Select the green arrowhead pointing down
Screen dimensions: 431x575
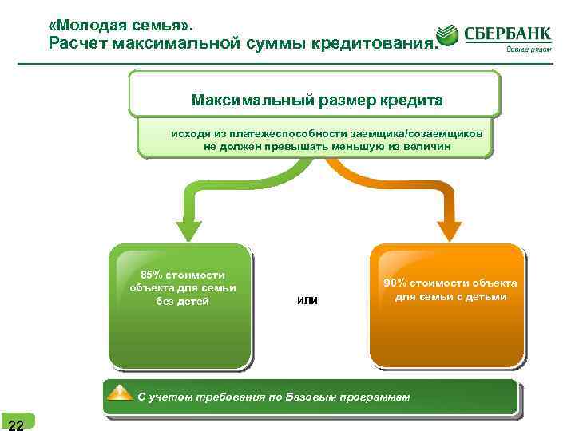pyautogui.click(x=188, y=227)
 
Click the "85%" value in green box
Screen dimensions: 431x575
pyautogui.click(x=153, y=275)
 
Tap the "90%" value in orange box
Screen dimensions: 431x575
pyautogui.click(x=396, y=283)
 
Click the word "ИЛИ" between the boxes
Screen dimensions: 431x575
pyautogui.click(x=307, y=300)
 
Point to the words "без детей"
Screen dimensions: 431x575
pyautogui.click(x=183, y=302)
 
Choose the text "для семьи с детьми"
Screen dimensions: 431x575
pyautogui.click(x=450, y=297)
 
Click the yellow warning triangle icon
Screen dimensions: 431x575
pyautogui.click(x=120, y=393)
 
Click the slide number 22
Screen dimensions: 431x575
pyautogui.click(x=16, y=423)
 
